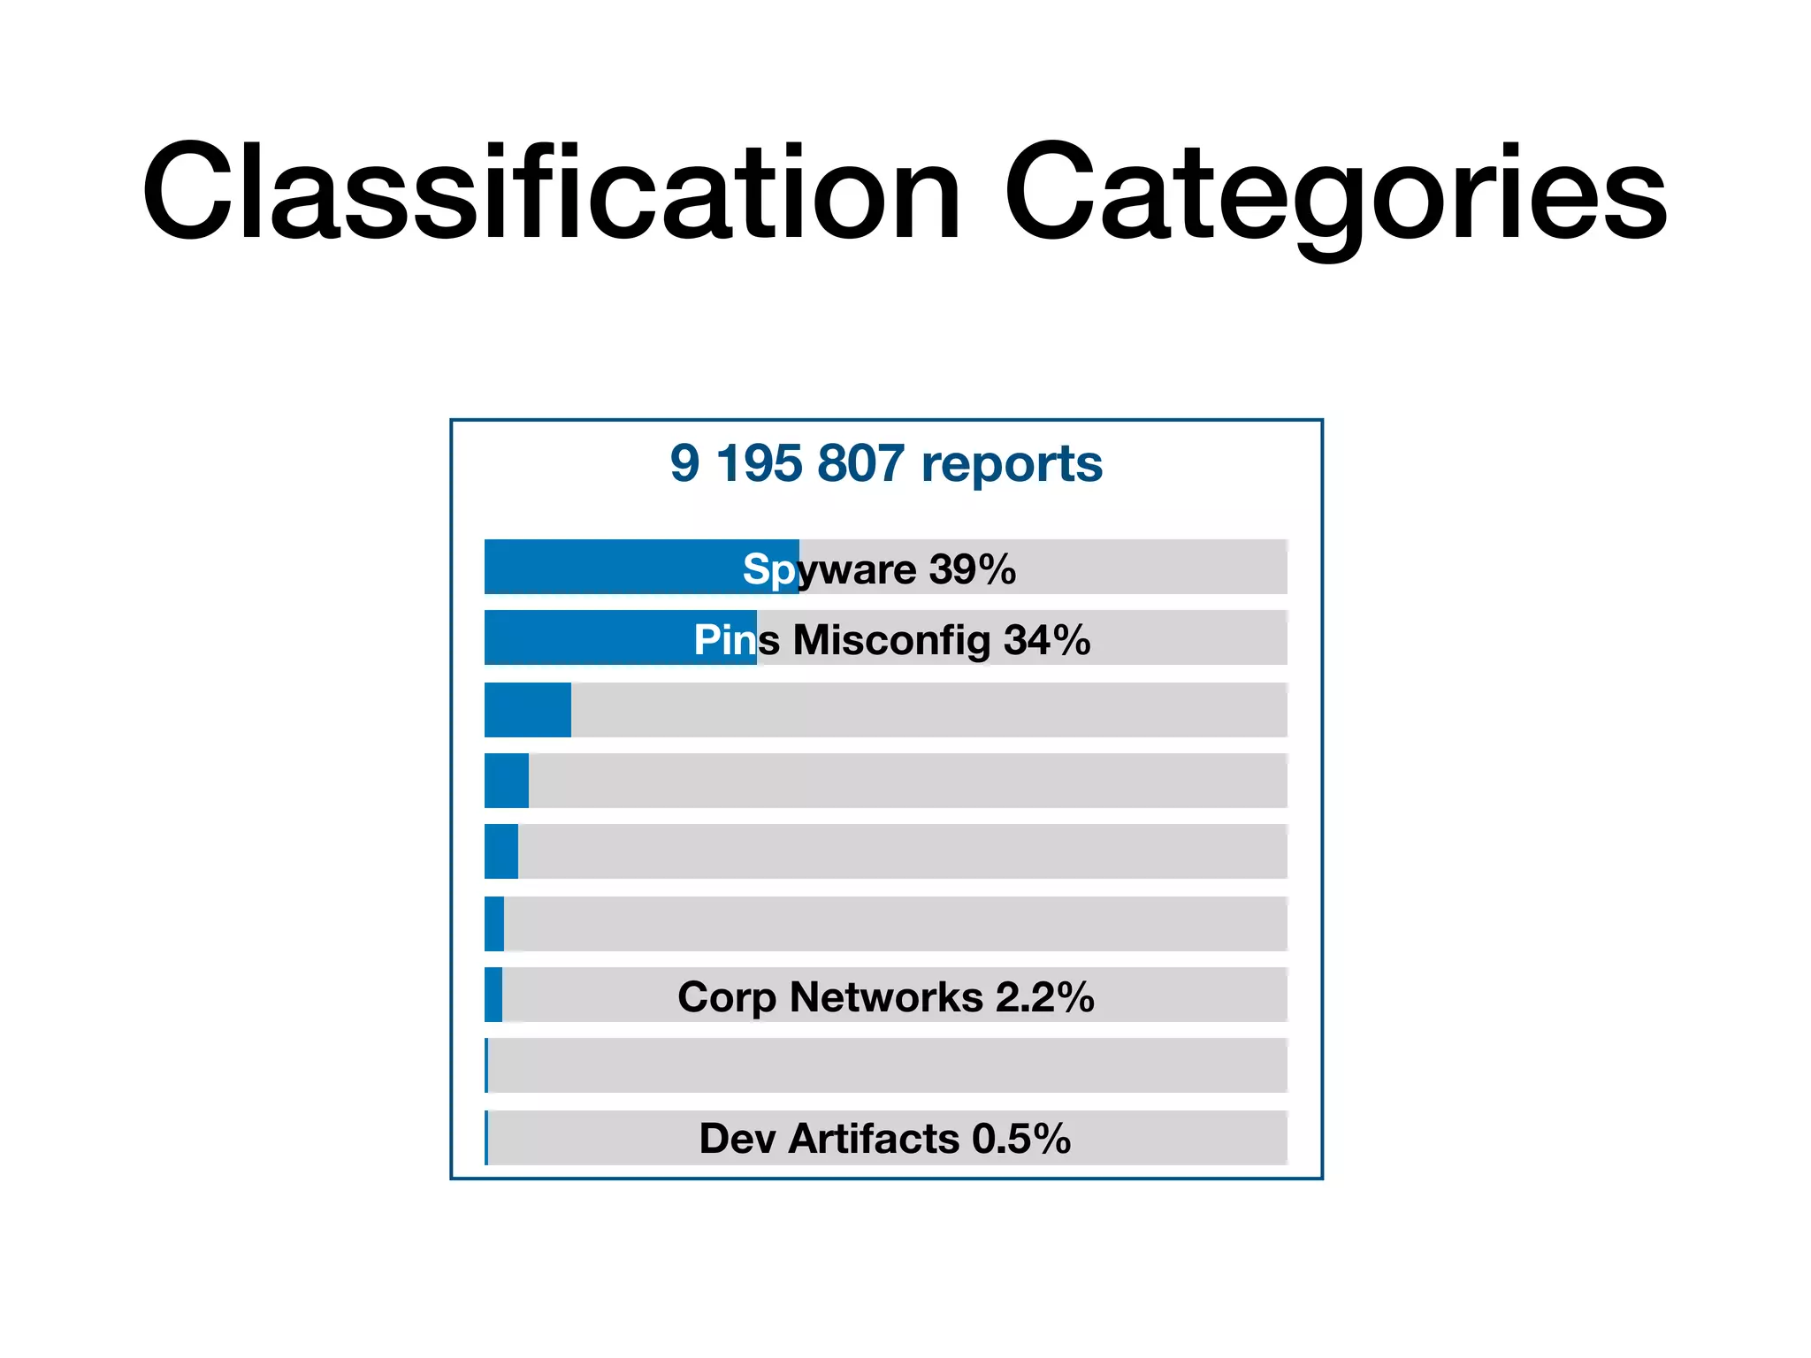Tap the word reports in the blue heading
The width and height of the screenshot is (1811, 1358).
[x=1012, y=463]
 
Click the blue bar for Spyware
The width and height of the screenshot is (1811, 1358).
[x=619, y=567]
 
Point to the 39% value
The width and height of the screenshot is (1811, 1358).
[x=973, y=569]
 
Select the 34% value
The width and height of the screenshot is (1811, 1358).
[x=1047, y=640]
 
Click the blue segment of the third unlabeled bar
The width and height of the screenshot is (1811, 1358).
[x=528, y=710]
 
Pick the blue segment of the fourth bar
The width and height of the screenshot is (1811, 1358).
[x=507, y=781]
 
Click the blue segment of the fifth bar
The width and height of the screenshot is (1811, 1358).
[x=501, y=851]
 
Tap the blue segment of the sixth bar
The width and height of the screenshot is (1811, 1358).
[x=494, y=924]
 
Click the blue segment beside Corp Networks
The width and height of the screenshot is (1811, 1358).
[x=493, y=995]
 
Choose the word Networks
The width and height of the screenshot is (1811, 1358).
[x=886, y=997]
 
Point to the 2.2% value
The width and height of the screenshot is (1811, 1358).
[x=1045, y=997]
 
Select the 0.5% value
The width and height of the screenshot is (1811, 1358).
[x=1021, y=1139]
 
